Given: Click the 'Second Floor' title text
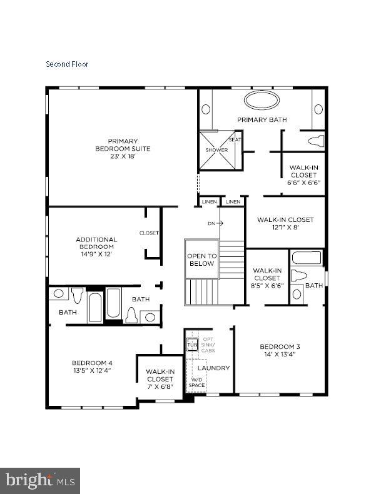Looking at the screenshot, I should pyautogui.click(x=67, y=64).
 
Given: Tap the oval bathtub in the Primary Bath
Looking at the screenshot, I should pyautogui.click(x=261, y=100).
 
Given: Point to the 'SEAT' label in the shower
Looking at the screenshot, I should pyautogui.click(x=235, y=139).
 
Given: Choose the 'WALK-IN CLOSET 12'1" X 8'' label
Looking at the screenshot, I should pyautogui.click(x=285, y=223).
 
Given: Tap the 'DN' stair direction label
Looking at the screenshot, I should pyautogui.click(x=212, y=223).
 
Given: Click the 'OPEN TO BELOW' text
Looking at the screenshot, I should pyautogui.click(x=202, y=260).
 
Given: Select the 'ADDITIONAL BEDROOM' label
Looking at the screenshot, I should pyautogui.click(x=96, y=246).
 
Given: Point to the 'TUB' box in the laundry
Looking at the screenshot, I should pyautogui.click(x=192, y=343).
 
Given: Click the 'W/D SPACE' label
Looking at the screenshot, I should pyautogui.click(x=196, y=382).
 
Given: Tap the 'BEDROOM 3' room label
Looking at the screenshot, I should pyautogui.click(x=280, y=350).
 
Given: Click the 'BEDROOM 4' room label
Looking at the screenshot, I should pyautogui.click(x=92, y=366).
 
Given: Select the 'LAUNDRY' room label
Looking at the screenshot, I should pyautogui.click(x=218, y=368).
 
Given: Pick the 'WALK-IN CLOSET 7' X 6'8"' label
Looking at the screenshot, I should pyautogui.click(x=160, y=379).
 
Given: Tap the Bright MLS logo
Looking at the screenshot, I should pyautogui.click(x=40, y=481).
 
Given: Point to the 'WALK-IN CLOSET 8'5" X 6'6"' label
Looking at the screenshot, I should pyautogui.click(x=268, y=278).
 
